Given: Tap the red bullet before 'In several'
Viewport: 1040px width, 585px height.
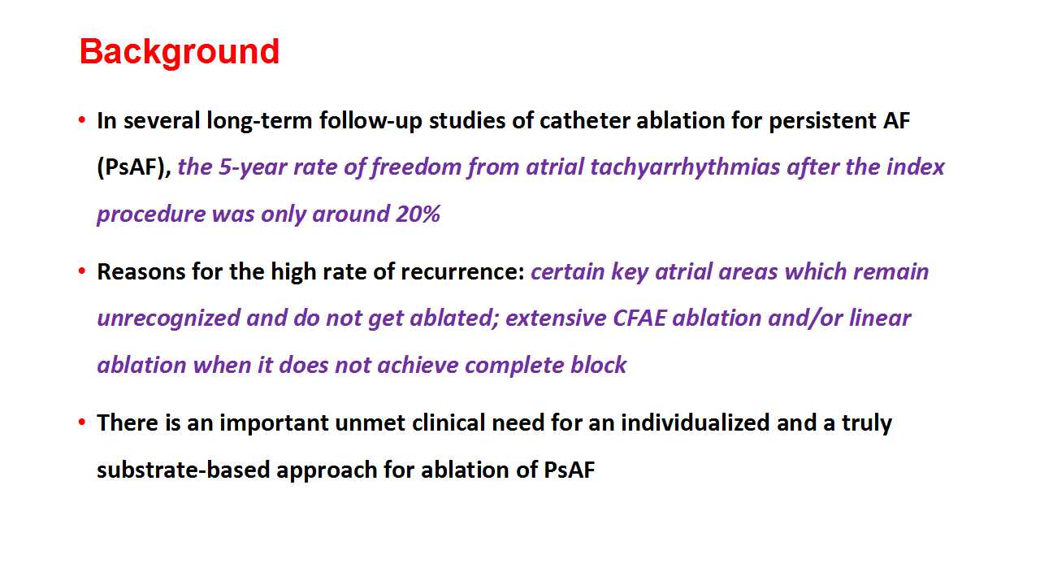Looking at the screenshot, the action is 82,120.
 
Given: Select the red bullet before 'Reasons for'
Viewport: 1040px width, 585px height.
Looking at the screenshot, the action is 82,271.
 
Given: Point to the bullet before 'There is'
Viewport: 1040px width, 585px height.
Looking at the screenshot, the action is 82,422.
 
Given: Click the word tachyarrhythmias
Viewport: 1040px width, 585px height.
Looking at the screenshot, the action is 685,167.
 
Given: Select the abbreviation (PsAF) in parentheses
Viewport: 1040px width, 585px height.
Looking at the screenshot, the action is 134,167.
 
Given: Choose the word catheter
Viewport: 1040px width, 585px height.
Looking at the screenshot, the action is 584,121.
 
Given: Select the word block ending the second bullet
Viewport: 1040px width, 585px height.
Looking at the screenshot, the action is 599,365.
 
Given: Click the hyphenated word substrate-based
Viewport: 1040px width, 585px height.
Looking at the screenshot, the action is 184,470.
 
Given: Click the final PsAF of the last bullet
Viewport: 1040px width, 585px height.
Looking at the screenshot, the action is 570,470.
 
